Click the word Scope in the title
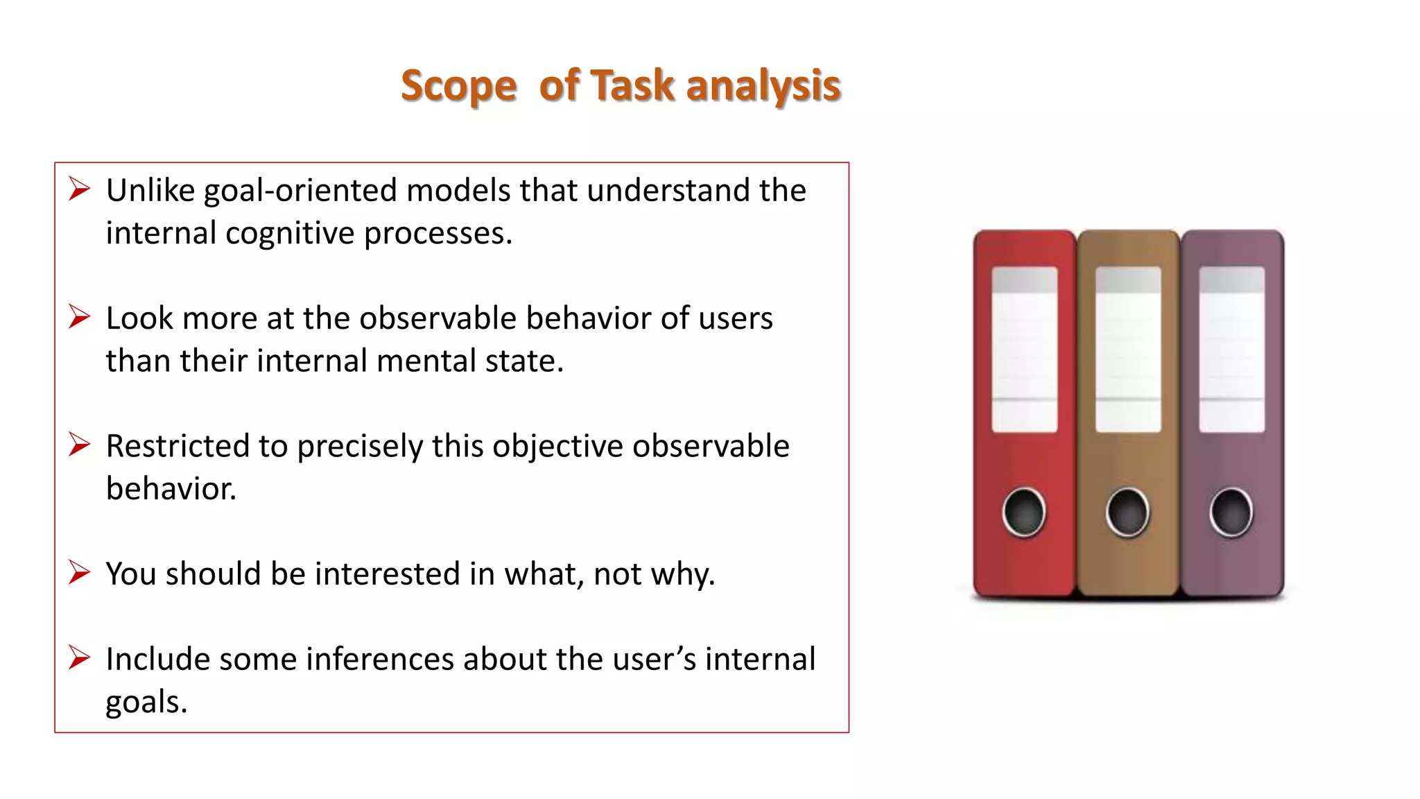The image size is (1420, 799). coord(458,87)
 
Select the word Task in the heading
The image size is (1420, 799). coord(632,85)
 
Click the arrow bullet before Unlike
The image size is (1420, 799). coord(80,189)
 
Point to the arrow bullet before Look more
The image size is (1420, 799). coord(80,317)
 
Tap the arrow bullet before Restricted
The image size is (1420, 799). coord(80,445)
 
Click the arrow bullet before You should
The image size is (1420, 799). coord(80,572)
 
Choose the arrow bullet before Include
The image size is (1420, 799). coord(80,658)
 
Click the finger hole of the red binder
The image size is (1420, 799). coord(1024,513)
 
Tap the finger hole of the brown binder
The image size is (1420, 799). coord(1127,513)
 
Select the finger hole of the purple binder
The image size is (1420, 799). coord(1231,513)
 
